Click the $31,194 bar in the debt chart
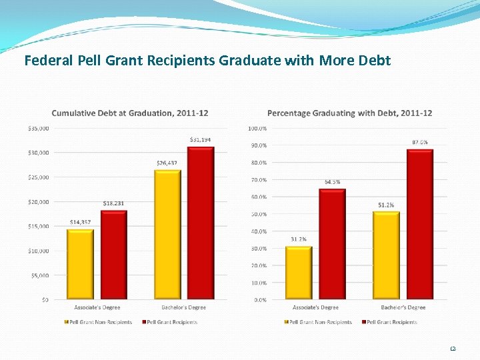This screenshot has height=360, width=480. click(201, 223)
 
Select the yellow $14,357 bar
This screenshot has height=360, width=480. click(80, 265)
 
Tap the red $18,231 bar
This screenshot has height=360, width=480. click(114, 255)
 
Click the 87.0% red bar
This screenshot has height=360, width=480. click(420, 225)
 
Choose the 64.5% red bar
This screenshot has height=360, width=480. click(332, 245)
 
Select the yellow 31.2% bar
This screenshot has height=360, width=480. click(299, 273)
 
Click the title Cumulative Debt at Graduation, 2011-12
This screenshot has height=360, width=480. click(130, 113)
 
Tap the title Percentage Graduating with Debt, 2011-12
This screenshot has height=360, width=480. click(349, 113)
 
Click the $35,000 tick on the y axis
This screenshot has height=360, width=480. click(38, 128)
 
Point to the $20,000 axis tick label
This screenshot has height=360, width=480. click(38, 201)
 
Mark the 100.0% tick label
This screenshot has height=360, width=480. click(257, 128)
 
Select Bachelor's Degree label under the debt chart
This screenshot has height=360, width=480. click(184, 307)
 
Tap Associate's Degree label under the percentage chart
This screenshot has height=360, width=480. click(315, 307)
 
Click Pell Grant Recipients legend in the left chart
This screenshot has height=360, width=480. click(171, 322)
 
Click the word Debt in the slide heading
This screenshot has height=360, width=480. click(373, 61)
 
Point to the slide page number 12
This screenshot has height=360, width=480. click(453, 349)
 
